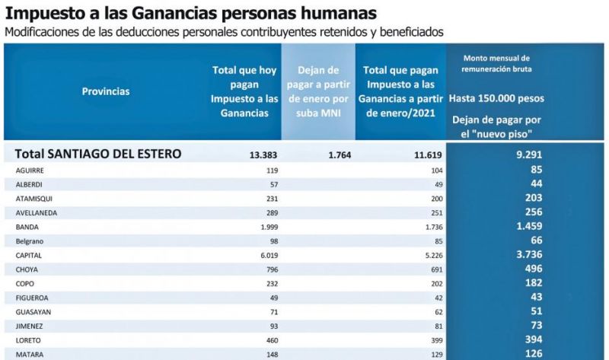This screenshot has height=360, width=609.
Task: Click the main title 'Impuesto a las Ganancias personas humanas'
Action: [x=190, y=13]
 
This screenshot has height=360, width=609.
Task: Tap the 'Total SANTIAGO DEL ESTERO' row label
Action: [x=98, y=154]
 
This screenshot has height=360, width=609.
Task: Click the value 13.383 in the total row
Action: [x=263, y=155]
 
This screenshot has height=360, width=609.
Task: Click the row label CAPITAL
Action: [x=30, y=256]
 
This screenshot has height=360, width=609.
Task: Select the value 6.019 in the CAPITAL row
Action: [x=264, y=256]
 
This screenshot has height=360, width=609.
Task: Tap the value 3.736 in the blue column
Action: [x=528, y=256]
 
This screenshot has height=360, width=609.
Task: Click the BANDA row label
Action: [x=27, y=228]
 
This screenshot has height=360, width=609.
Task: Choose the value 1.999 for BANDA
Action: [x=264, y=228]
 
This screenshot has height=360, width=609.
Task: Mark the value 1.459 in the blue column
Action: [x=528, y=227]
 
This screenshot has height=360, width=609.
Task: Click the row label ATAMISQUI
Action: [x=34, y=199]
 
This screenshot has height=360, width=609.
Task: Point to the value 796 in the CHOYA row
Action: [x=269, y=271]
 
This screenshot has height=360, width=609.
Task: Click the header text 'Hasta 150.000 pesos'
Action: [x=496, y=99]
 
